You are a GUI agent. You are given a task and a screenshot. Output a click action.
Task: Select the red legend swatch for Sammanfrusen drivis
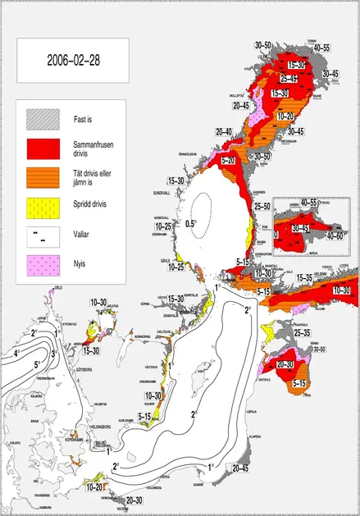tap(39, 148)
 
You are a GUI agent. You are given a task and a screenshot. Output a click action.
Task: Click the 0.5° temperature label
tap(191, 223)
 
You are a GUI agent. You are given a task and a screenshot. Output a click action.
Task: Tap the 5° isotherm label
tap(38, 363)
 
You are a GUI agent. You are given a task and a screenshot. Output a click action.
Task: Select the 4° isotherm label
tap(17, 354)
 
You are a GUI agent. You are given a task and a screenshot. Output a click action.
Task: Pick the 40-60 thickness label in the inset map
tap(335, 235)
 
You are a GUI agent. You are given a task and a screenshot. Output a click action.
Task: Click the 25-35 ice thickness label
tap(302, 333)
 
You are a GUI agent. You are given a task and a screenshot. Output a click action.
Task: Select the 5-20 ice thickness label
tap(229, 160)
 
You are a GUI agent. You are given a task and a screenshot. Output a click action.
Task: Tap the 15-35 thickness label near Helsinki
tap(303, 279)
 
